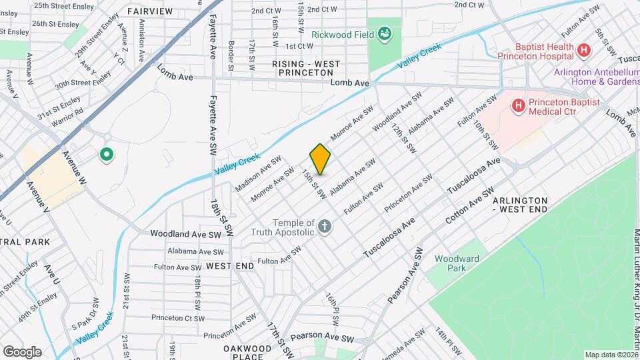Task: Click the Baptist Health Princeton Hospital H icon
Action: point(584,50)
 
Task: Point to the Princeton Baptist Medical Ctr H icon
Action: point(518,105)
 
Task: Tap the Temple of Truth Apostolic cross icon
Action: point(325,227)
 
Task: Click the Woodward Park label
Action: point(457,263)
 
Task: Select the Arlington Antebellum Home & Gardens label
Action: point(595,77)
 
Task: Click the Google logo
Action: point(22,352)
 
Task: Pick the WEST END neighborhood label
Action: point(230,266)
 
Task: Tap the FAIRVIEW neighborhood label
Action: point(149,11)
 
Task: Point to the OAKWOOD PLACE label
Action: point(247,353)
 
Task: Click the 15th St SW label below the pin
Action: point(313,184)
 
